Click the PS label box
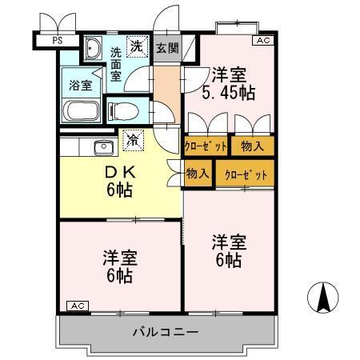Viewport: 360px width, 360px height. [x=57, y=38]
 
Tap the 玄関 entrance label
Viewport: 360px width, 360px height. [x=166, y=49]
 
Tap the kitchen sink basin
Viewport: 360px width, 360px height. [x=102, y=146]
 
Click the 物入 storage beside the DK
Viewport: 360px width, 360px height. [x=198, y=174]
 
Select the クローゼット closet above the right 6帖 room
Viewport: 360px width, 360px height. [x=244, y=174]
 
